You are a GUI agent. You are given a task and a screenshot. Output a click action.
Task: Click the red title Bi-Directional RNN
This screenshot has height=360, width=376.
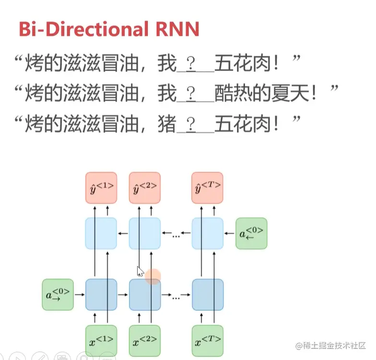pyautogui.click(x=109, y=29)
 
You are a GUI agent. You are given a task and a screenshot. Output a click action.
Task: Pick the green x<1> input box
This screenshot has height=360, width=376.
pyautogui.click(x=101, y=340)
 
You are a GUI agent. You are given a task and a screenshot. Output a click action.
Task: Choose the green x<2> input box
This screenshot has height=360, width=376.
pyautogui.click(x=145, y=340)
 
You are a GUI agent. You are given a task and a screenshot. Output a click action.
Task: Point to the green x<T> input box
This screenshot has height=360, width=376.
pyautogui.click(x=208, y=340)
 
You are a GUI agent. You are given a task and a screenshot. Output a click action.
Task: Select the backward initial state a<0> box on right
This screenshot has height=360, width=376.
pyautogui.click(x=251, y=233)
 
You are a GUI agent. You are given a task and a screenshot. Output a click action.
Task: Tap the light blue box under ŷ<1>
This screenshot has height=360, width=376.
pyautogui.click(x=101, y=233)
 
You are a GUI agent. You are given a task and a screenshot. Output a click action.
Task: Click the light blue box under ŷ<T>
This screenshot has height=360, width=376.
pyautogui.click(x=208, y=233)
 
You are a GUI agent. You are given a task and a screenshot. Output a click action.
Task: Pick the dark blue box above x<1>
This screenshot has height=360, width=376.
pyautogui.click(x=101, y=294)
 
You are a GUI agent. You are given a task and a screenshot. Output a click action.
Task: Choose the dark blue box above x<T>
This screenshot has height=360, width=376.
pyautogui.click(x=208, y=294)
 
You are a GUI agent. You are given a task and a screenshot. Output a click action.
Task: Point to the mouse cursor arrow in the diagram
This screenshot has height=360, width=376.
pyautogui.click(x=140, y=271)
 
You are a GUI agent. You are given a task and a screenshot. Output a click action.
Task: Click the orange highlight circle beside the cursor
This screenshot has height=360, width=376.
pyautogui.click(x=153, y=276)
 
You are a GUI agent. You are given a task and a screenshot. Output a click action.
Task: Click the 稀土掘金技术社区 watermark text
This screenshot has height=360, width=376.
pyautogui.click(x=331, y=346)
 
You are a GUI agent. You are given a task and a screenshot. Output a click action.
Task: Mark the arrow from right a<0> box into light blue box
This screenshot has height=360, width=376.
pyautogui.click(x=230, y=233)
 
